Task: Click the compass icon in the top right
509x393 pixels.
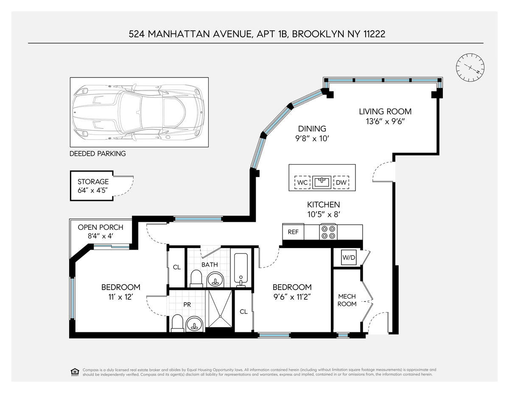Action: tap(470, 68)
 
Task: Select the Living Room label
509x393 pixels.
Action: tap(385, 111)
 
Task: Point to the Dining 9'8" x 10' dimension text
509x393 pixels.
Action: tap(312, 139)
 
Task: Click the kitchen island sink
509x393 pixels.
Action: tap(322, 182)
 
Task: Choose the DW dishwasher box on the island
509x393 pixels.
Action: tap(341, 182)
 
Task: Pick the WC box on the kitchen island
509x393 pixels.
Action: tap(302, 182)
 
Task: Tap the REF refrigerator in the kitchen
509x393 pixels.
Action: tap(293, 232)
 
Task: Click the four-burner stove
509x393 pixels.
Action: tap(328, 232)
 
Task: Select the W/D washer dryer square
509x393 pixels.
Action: tap(349, 257)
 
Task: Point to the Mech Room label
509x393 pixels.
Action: tap(347, 300)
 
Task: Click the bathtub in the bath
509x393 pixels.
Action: tap(241, 270)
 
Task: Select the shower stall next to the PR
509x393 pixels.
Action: tap(220, 309)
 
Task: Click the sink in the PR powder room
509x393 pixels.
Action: tap(194, 324)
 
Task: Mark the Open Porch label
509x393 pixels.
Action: tap(101, 227)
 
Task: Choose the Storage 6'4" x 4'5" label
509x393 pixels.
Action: tap(93, 186)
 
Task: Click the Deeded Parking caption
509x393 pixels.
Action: tap(98, 153)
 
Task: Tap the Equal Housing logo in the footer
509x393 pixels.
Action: tap(75, 372)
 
